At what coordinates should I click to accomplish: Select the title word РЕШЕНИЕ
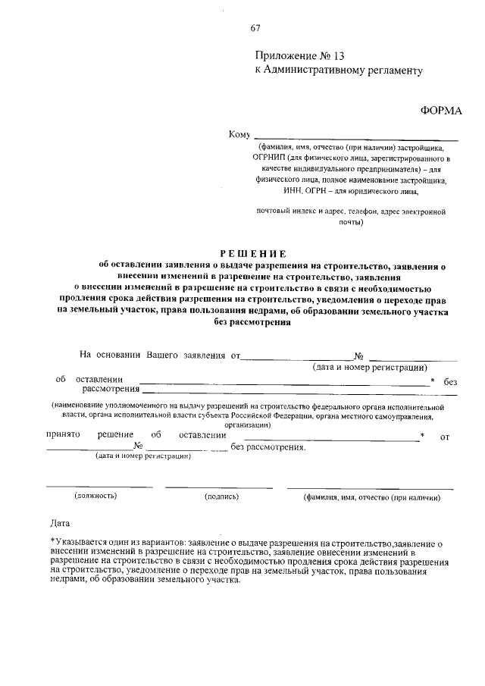tap(254, 254)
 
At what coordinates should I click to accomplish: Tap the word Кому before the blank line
tap(239, 135)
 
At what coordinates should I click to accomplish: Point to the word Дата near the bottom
tap(60, 523)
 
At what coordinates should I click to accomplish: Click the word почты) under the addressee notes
tap(352, 223)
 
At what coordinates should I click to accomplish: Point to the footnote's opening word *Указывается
tap(77, 543)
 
